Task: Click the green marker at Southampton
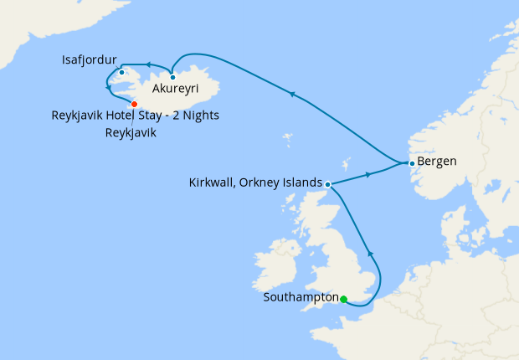click(x=343, y=299)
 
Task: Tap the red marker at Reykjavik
click(x=134, y=104)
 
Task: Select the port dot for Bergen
click(x=411, y=162)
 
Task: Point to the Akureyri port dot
click(x=172, y=77)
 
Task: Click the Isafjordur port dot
click(x=121, y=72)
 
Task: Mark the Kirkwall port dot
click(x=327, y=184)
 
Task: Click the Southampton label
click(x=301, y=297)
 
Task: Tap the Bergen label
click(x=437, y=162)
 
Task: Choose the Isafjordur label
click(x=90, y=60)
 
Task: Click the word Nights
click(x=198, y=116)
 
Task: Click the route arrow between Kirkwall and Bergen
click(x=368, y=175)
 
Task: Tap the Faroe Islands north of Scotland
click(x=289, y=137)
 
